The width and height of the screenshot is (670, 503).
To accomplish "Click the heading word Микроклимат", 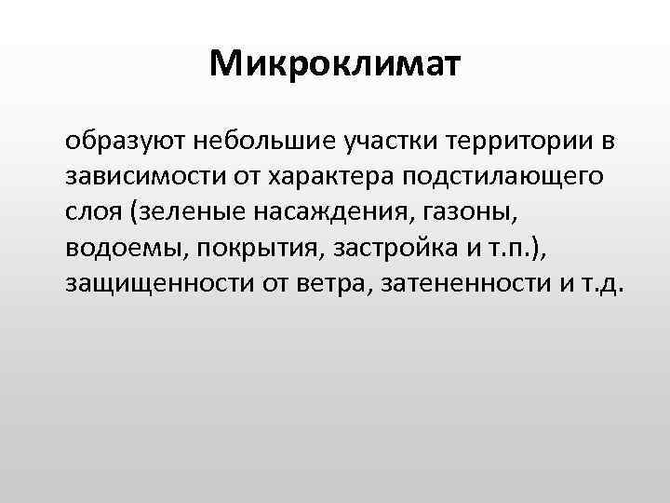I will [x=334, y=63].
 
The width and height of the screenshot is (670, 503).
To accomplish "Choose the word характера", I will [x=316, y=177].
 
